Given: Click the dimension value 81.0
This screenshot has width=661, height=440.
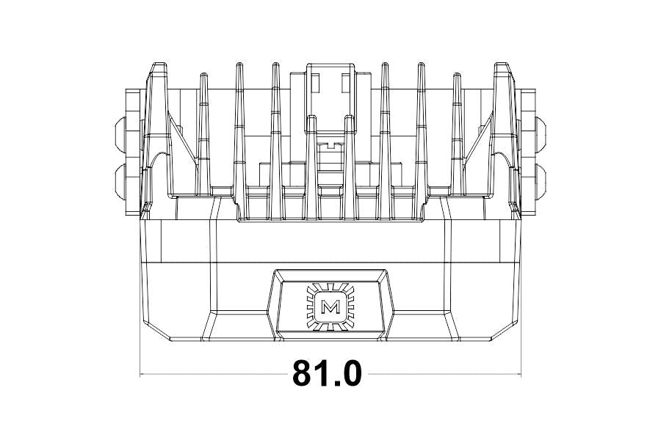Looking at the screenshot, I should pos(328,374).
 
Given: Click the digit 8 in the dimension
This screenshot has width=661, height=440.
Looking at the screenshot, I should pos(305,374).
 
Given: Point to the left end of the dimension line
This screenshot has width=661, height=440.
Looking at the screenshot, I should pos(140,375).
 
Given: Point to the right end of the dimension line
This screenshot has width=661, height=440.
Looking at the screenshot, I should pos(520,375).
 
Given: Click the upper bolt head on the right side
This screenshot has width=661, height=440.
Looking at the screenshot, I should pos(542,132).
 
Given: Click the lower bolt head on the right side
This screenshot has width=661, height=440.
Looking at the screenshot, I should pos(542,177).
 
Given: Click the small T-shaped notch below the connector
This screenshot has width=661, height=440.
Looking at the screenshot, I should pos(330,144).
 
